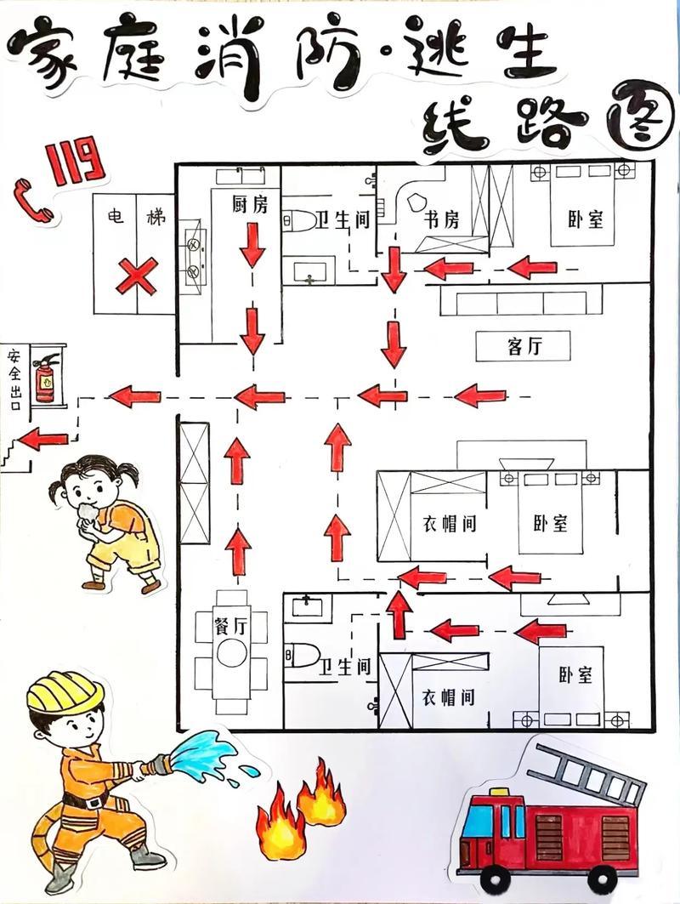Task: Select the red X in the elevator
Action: [x=136, y=276]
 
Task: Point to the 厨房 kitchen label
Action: [x=250, y=205]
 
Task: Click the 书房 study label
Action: [x=442, y=220]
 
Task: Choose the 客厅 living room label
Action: [x=525, y=346]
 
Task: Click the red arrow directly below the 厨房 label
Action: [x=252, y=247]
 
